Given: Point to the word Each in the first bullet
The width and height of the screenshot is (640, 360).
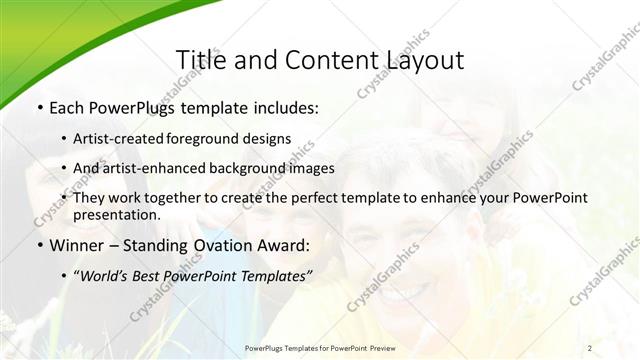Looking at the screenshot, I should pyautogui.click(x=67, y=106).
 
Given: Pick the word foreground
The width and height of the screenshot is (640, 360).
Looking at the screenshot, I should pyautogui.click(x=212, y=138).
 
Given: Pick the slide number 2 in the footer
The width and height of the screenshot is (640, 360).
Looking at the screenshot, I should pyautogui.click(x=590, y=348).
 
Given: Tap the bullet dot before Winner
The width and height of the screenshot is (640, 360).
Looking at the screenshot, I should pyautogui.click(x=39, y=245).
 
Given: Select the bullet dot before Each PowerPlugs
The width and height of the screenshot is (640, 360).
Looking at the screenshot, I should pyautogui.click(x=39, y=106).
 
